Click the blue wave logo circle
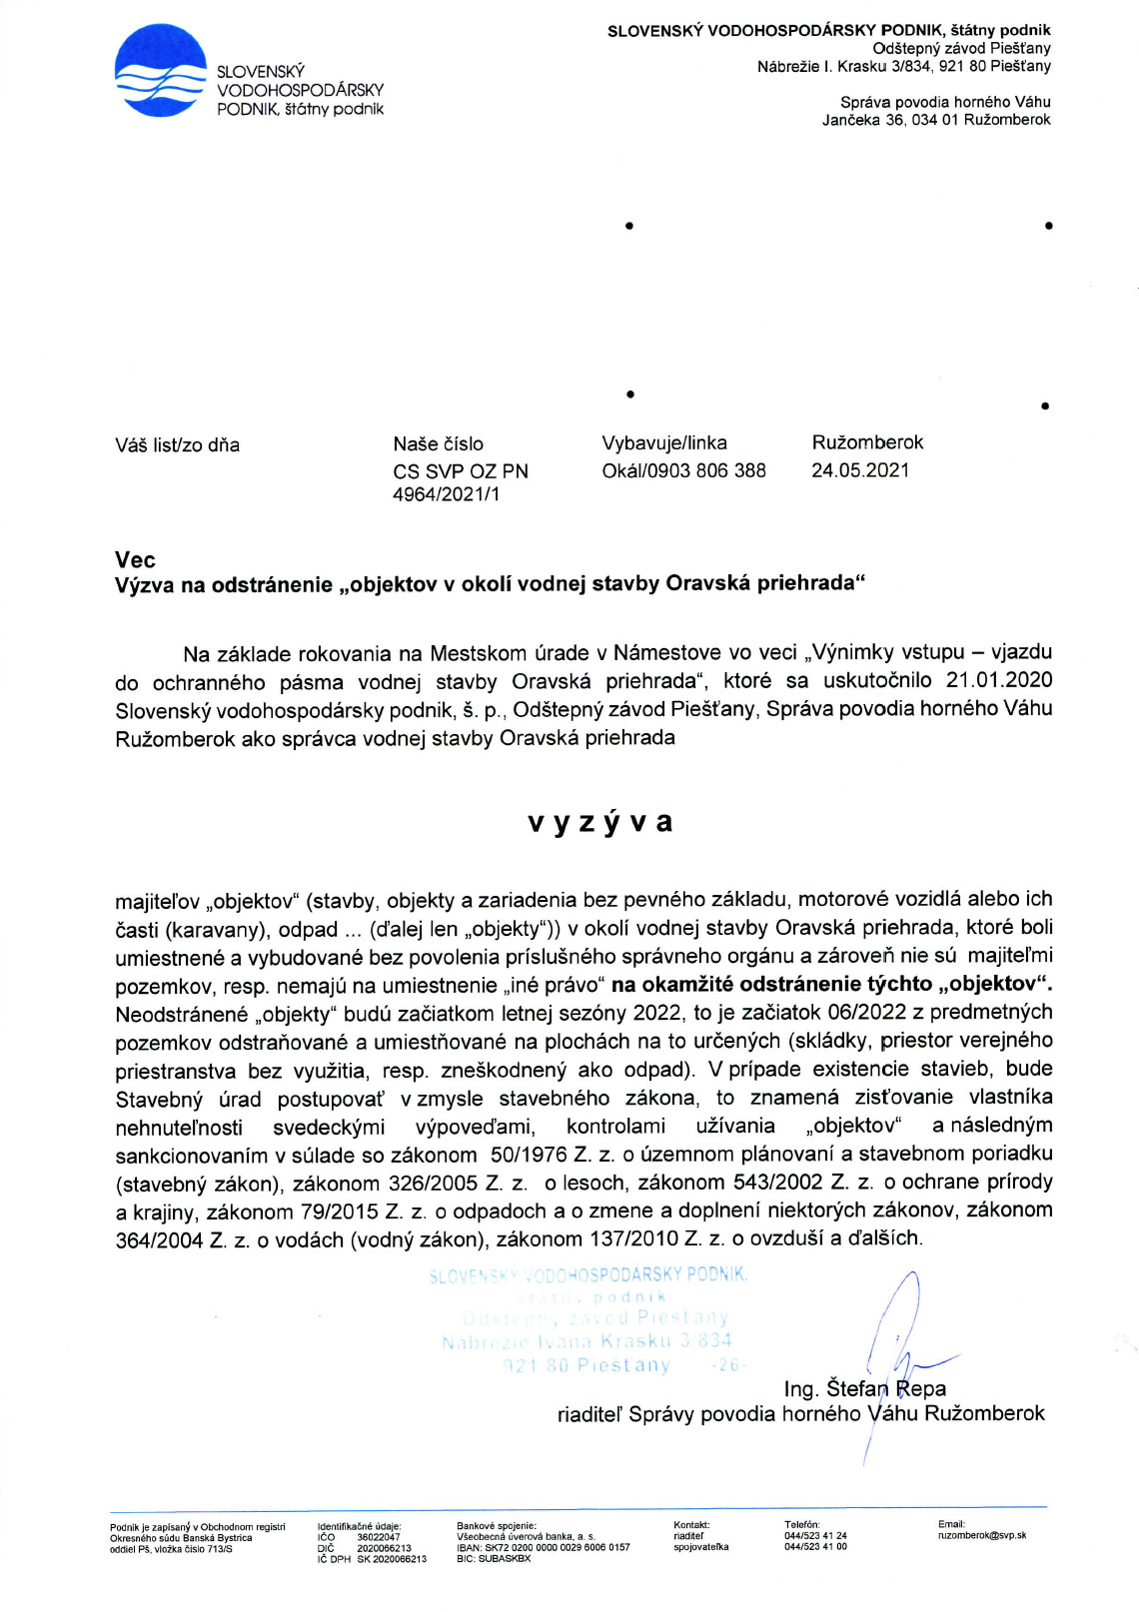pos(160,71)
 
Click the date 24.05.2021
pos(860,470)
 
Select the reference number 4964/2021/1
pos(446,494)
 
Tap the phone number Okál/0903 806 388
pos(683,470)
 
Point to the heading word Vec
pos(135,559)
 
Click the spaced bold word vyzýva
pos(599,822)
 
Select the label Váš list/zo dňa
pos(177,445)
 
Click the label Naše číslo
pos(438,444)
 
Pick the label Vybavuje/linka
pos(664,443)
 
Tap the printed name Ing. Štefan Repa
pos(864,1389)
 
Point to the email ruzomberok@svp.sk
pos(981,1535)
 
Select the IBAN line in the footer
pos(543,1547)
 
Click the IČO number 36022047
pos(379,1537)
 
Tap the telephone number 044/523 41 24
pos(815,1536)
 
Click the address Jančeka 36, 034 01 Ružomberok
pos(936,120)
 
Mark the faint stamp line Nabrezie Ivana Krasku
pos(586,1341)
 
